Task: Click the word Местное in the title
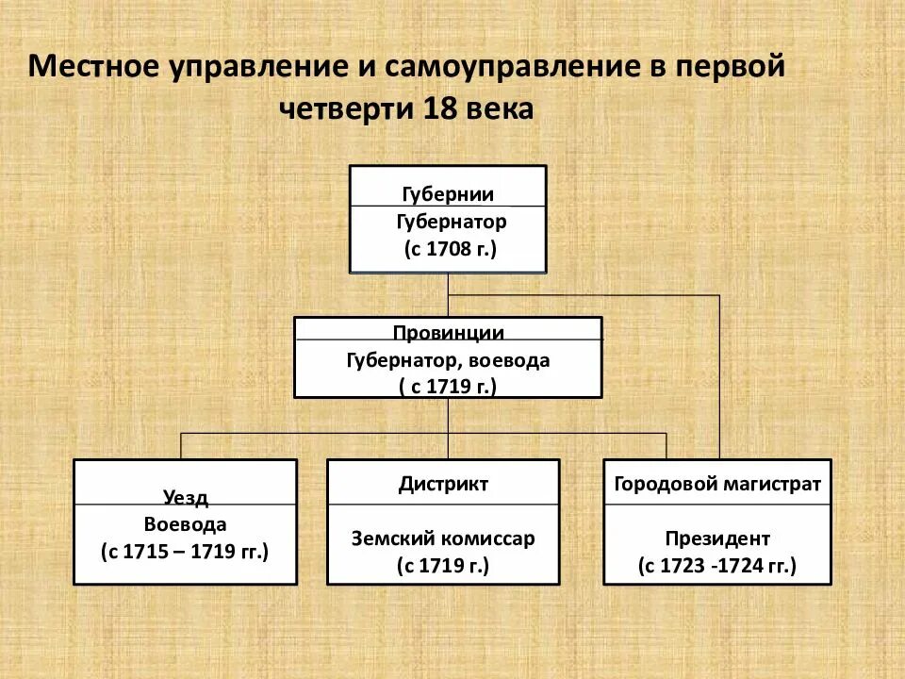[94, 69]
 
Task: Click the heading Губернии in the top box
[448, 194]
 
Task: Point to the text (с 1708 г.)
[450, 249]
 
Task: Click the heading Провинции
[448, 333]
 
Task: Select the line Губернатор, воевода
[448, 359]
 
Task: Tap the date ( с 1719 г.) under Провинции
[447, 386]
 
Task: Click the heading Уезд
[185, 498]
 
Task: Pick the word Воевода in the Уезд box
[185, 524]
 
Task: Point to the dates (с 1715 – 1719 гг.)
[185, 552]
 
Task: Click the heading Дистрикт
[443, 485]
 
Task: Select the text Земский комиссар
[443, 538]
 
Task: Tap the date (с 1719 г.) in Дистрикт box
[443, 566]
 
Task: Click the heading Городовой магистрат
[717, 485]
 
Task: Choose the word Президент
[717, 538]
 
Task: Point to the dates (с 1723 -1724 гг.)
[717, 566]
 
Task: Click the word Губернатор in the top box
[450, 222]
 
